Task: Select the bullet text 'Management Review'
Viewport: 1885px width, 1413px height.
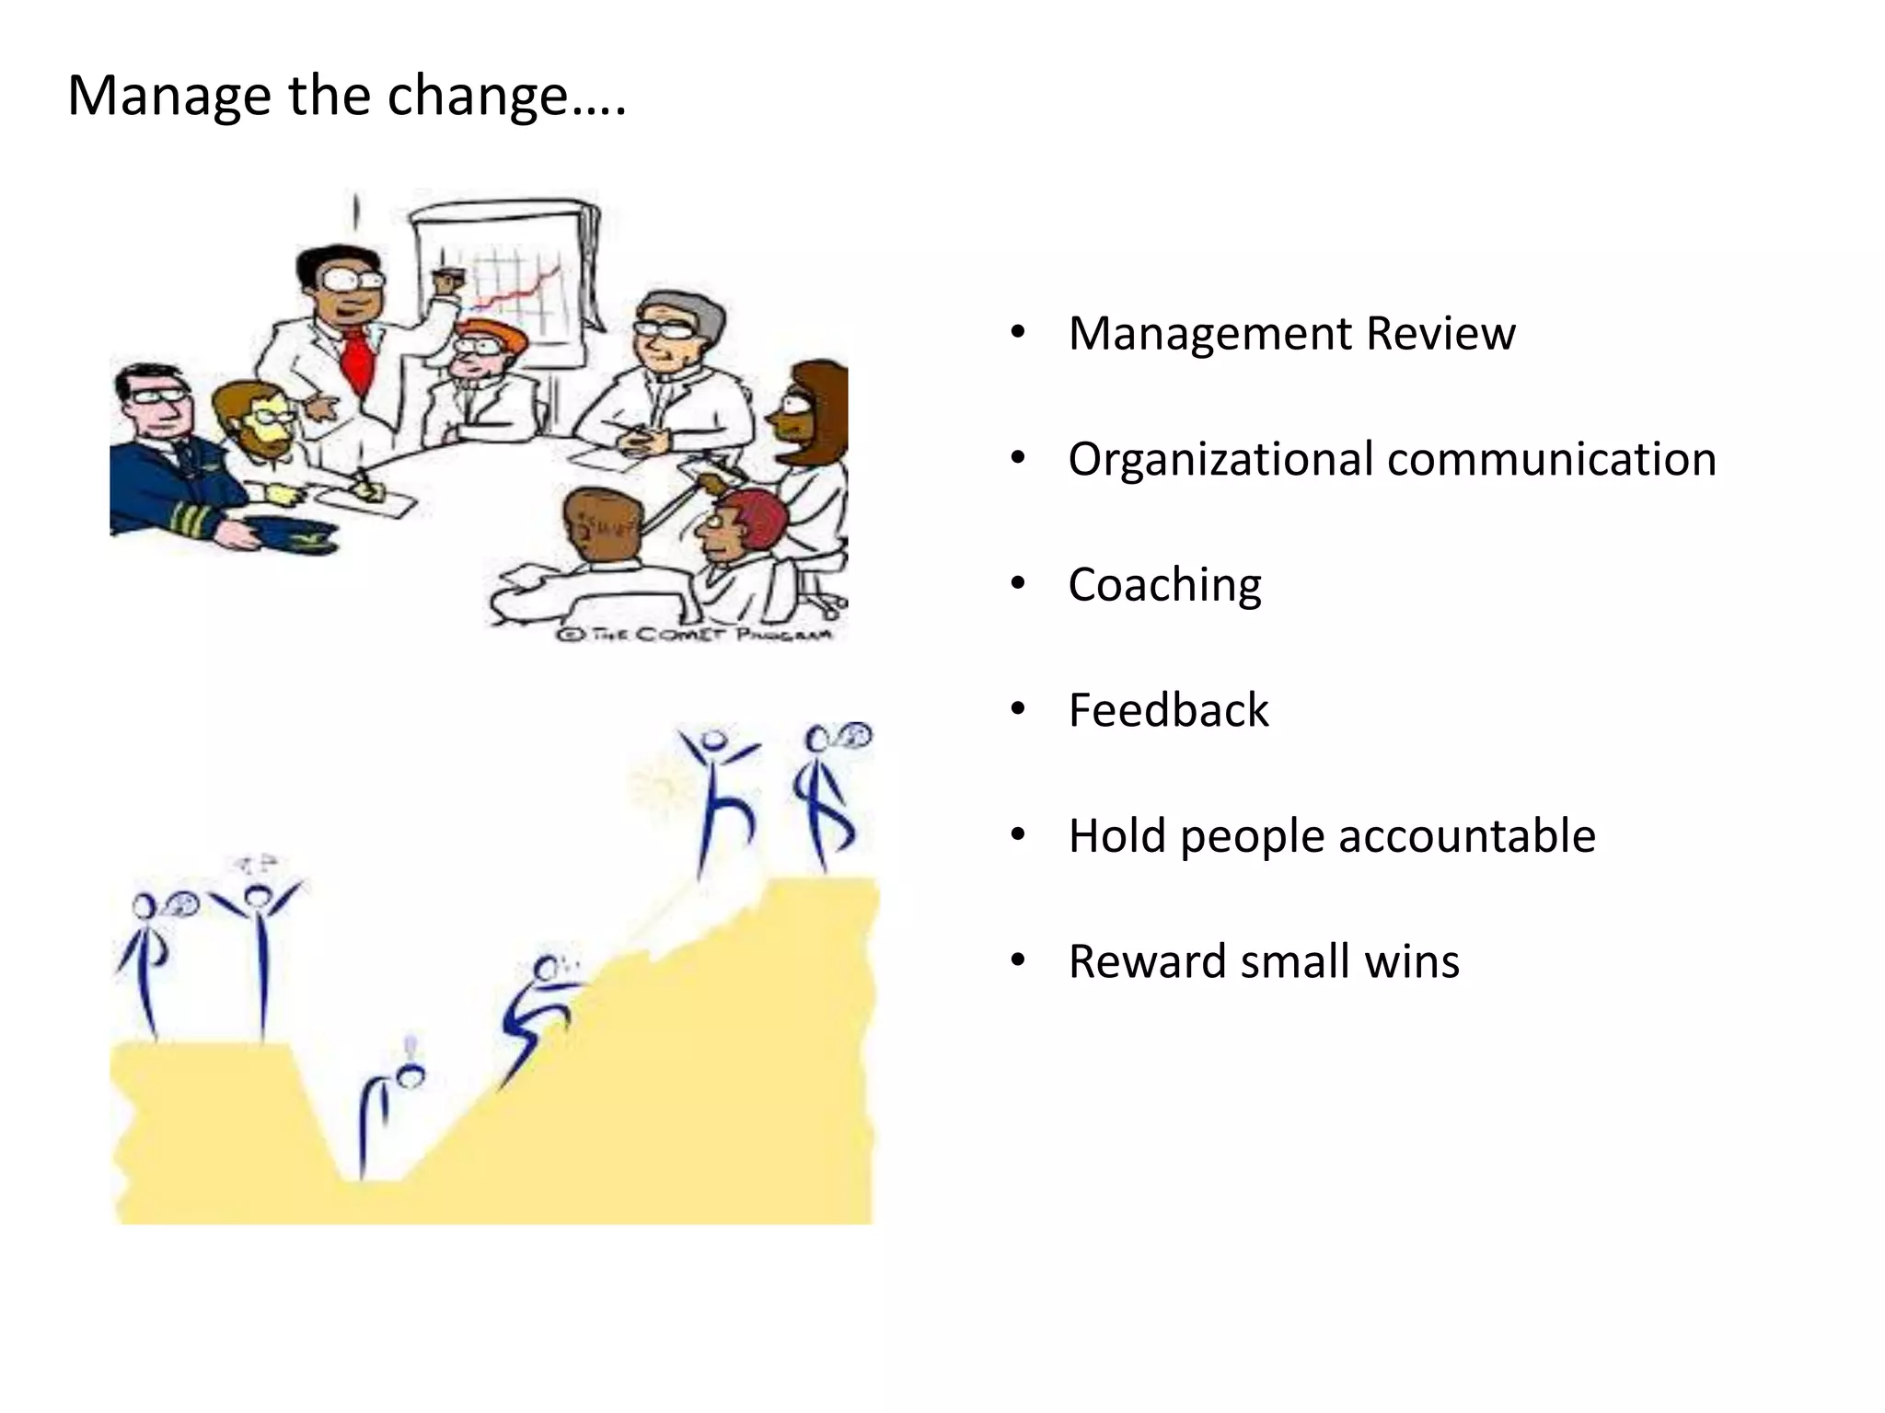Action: (x=1291, y=333)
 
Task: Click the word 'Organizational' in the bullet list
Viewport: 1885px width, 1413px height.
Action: (x=1220, y=459)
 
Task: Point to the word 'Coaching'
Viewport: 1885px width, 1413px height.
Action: (x=1164, y=585)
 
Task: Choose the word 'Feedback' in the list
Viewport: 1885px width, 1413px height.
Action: (x=1168, y=710)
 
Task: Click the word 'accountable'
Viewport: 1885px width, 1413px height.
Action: (x=1466, y=836)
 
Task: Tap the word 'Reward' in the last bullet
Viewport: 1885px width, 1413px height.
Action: (x=1146, y=961)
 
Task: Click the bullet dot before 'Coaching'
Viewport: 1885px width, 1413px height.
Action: (x=1017, y=585)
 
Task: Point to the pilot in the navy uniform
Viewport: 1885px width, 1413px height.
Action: (x=166, y=451)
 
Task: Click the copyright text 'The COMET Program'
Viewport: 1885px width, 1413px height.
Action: (x=696, y=635)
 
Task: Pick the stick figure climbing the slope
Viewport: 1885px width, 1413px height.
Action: (x=538, y=1012)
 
